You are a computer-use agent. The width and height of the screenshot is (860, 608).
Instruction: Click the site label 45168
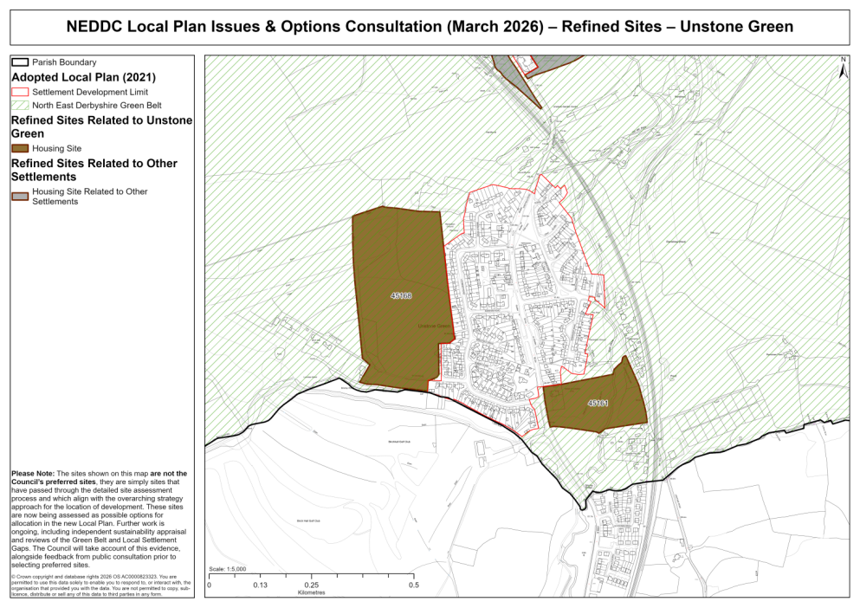pos(401,295)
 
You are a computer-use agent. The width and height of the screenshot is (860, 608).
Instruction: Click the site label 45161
pos(598,403)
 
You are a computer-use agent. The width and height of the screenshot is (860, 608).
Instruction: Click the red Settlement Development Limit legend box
pos(20,91)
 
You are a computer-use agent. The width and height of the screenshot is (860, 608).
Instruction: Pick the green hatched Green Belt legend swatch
pos(20,105)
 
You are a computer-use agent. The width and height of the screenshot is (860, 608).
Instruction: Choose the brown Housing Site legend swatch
pos(20,148)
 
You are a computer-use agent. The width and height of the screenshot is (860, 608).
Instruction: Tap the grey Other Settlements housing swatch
pos(20,196)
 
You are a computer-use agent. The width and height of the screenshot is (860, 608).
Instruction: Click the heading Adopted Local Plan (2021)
pos(83,76)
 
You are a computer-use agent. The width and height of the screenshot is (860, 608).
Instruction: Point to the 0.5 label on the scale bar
pos(414,585)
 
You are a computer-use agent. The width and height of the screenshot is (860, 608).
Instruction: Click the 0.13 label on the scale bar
pos(260,585)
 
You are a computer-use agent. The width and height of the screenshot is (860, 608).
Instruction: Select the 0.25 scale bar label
pos(311,585)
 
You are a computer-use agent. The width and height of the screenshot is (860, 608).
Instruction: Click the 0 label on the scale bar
pos(210,585)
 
